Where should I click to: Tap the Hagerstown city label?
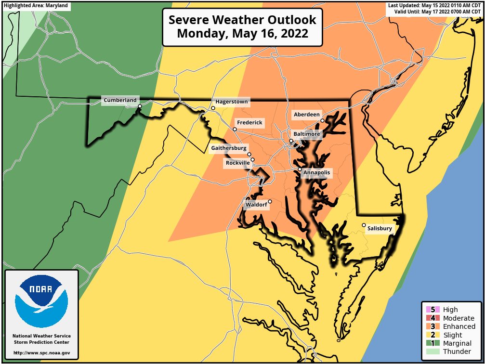point(232,102)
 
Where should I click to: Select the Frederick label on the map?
point(249,123)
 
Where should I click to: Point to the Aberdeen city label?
point(306,115)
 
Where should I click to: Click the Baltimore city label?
point(306,134)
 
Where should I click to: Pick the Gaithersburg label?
point(229,148)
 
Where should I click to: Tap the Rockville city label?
point(237,163)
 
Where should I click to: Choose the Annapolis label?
point(317,172)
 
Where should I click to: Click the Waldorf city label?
point(256,205)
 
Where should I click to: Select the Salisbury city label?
point(380,229)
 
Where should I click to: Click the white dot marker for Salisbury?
point(364,225)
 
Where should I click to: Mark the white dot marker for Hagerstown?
point(213,108)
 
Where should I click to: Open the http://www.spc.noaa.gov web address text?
point(41,353)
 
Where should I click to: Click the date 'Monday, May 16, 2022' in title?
point(242,34)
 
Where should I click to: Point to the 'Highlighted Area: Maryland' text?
point(36,6)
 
